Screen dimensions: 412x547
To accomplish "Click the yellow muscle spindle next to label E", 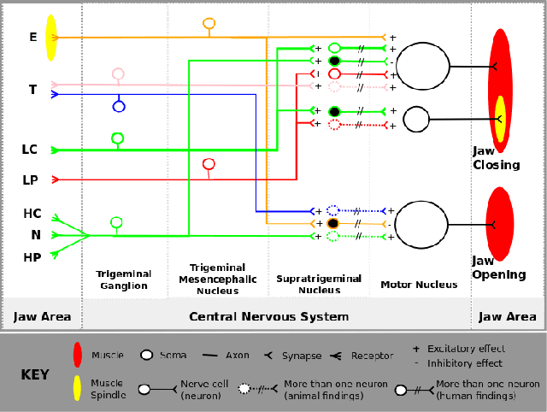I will coord(51,38).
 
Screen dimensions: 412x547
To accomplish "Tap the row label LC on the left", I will coord(30,150).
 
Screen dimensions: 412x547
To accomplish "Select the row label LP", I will coord(30,180).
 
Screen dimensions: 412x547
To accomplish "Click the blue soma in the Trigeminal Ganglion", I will coord(119,107).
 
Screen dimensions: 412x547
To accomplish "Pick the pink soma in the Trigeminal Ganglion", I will coord(118,74).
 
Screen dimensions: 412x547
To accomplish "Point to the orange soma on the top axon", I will coord(209,23).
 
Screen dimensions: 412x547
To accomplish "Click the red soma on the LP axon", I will coord(208,164).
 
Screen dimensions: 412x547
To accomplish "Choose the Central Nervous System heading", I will coord(268,316).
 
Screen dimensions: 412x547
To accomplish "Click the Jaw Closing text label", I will coord(496,158).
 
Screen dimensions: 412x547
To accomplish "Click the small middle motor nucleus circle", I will coord(416,119).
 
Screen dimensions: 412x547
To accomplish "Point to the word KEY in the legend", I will coord(35,374).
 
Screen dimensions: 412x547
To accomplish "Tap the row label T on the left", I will coord(32,90).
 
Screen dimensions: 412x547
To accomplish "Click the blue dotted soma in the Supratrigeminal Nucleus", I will coord(334,210).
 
